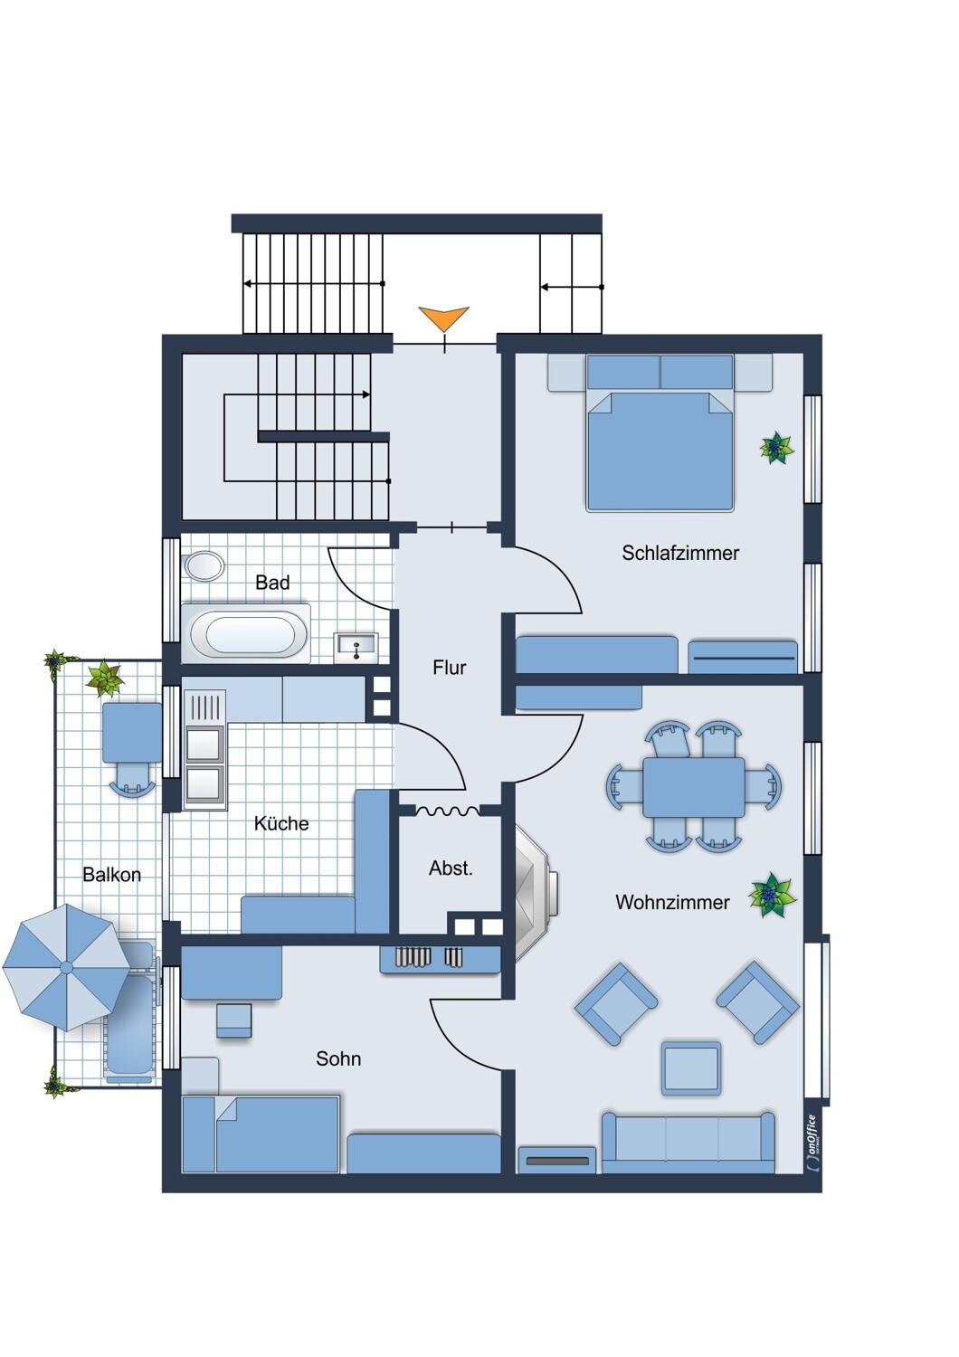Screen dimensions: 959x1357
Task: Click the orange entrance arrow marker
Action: point(443,318)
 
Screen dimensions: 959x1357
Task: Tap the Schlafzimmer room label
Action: point(680,553)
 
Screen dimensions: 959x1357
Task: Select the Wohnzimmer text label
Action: point(672,903)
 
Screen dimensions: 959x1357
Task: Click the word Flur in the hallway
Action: point(450,668)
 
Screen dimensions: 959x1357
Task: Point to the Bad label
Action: point(272,583)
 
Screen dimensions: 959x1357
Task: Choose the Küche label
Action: point(281,824)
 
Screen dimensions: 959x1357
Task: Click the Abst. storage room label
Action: point(451,868)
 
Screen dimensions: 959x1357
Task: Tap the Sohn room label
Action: point(338,1059)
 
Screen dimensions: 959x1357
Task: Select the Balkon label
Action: point(112,875)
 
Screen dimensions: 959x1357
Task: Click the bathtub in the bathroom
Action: point(247,632)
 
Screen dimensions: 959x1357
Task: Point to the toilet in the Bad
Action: point(204,566)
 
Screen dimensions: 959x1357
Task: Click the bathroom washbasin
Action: point(356,645)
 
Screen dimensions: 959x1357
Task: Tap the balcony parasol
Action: point(67,967)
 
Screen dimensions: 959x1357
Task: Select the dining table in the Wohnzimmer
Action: point(694,786)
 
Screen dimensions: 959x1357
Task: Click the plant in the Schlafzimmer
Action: point(776,448)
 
